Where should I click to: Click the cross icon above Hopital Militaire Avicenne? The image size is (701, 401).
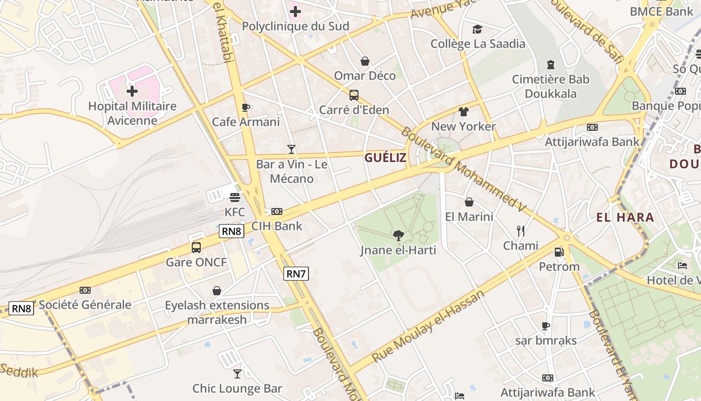click(132, 91)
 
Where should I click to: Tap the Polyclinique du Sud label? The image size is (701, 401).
click(295, 26)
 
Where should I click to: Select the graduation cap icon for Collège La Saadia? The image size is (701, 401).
click(477, 29)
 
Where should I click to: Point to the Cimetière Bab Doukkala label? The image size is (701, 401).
click(550, 86)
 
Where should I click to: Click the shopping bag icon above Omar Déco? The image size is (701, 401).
click(365, 61)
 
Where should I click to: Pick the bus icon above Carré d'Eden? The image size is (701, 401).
click(354, 95)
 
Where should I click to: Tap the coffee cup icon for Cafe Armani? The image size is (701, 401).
click(245, 107)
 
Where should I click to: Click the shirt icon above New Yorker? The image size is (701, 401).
click(463, 112)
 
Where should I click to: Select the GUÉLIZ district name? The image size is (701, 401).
click(385, 158)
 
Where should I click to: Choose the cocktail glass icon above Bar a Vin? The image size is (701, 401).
click(291, 149)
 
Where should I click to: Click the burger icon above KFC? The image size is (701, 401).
click(234, 197)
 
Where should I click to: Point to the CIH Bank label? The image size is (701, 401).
click(276, 226)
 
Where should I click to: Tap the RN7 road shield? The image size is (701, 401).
click(296, 274)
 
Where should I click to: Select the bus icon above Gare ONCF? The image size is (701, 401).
click(196, 247)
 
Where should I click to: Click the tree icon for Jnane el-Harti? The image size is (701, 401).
click(399, 235)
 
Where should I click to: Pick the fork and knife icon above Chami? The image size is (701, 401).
click(521, 231)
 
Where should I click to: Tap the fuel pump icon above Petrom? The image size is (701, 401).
click(559, 252)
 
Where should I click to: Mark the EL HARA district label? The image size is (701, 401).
click(625, 218)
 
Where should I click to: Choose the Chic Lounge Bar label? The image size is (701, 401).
click(237, 388)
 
